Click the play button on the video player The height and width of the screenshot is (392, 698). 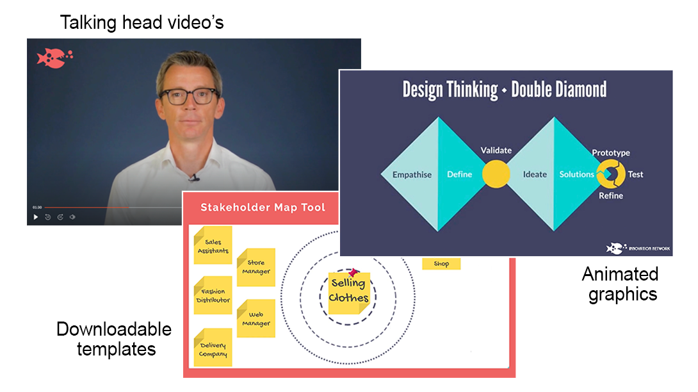click(x=36, y=217)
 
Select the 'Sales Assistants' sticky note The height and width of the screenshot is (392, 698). click(x=212, y=246)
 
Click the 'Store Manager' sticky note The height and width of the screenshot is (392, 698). click(x=256, y=267)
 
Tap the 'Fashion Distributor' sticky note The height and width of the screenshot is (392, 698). click(x=213, y=295)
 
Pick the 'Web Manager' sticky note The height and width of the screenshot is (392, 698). click(x=256, y=319)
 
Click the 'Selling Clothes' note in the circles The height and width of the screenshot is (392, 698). click(x=349, y=291)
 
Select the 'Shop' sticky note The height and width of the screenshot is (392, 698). click(x=441, y=263)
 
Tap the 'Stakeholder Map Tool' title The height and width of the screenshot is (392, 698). click(x=263, y=207)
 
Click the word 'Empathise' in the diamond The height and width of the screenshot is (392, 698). click(x=412, y=174)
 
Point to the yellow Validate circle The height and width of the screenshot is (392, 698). click(x=496, y=174)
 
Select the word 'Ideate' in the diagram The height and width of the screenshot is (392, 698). click(x=535, y=174)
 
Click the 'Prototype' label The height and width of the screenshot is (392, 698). click(x=610, y=152)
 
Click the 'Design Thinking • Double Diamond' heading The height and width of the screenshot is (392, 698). click(x=505, y=90)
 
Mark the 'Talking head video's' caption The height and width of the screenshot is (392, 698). click(x=142, y=23)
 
